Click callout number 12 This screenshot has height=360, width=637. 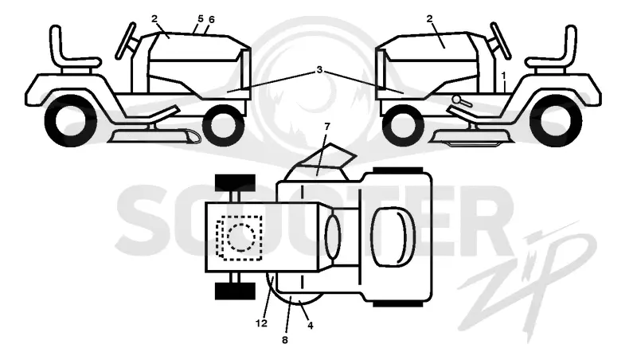[262, 323]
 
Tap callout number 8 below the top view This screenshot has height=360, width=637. [285, 339]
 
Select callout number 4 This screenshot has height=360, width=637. [311, 326]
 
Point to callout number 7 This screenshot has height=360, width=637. [327, 127]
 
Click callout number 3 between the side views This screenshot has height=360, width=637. [319, 70]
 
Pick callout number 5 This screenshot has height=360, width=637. [201, 18]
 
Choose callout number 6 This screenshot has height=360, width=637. [211, 19]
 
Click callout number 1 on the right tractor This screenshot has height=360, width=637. [504, 76]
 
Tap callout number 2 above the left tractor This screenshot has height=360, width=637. [154, 18]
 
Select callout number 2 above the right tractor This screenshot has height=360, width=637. [429, 18]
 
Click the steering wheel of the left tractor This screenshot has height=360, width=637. [126, 41]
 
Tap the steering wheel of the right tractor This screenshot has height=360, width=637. [501, 41]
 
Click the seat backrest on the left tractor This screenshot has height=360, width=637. [56, 44]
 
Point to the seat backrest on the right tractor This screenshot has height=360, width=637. [570, 44]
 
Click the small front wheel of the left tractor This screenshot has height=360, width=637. [223, 125]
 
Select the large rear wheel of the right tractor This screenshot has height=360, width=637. [556, 121]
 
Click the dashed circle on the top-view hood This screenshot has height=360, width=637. [241, 237]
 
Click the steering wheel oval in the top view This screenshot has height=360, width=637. [333, 237]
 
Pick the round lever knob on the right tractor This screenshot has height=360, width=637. [456, 99]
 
